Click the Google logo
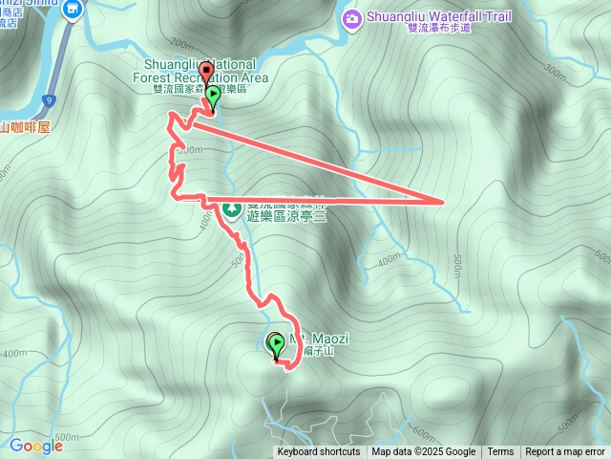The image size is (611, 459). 36,445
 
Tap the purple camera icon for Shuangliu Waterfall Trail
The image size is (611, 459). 353,18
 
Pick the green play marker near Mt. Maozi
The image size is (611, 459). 277,342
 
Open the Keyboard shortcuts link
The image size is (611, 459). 319,452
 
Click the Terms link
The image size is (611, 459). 500,452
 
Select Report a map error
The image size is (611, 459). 565,452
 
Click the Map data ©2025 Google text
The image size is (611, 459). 424,452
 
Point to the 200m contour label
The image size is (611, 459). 178,43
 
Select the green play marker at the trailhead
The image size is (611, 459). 213,95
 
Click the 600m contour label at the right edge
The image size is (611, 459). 601,256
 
